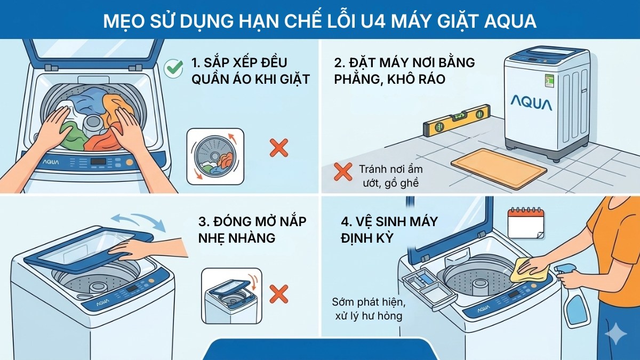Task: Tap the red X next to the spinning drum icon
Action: (x=278, y=147)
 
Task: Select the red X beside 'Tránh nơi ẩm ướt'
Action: (x=342, y=171)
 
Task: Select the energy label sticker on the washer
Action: (x=549, y=82)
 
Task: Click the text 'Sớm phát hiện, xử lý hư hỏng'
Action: (x=369, y=309)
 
